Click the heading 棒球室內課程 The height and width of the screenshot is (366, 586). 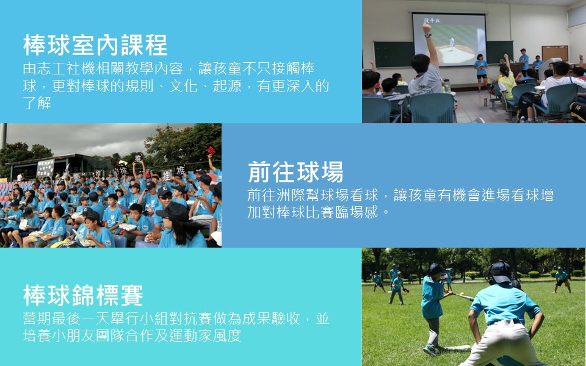tap(95, 45)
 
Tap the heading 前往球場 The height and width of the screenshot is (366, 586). tap(295, 172)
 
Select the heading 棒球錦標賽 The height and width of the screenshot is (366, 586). tap(84, 295)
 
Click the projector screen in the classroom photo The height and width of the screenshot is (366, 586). tap(449, 39)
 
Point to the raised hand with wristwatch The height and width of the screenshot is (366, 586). tap(427, 29)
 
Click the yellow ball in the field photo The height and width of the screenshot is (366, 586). tap(463, 294)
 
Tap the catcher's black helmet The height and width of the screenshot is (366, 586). tap(500, 272)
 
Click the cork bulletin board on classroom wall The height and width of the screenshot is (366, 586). tap(555, 54)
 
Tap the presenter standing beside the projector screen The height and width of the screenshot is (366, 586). tap(480, 73)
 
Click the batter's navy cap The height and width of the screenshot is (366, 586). tap(435, 268)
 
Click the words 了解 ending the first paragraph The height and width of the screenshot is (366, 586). tap(37, 102)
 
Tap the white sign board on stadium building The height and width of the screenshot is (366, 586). tap(45, 168)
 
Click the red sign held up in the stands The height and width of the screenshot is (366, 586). tap(212, 151)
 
